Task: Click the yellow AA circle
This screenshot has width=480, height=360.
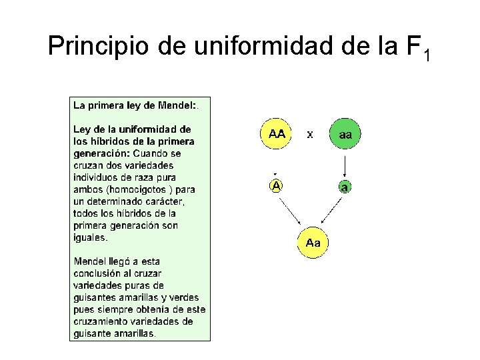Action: pyautogui.click(x=276, y=134)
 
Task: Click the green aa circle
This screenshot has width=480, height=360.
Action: pyautogui.click(x=345, y=135)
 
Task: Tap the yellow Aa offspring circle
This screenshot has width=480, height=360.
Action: pyautogui.click(x=313, y=243)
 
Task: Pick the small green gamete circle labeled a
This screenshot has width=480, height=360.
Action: pyautogui.click(x=344, y=187)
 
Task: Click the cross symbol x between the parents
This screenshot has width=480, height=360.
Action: pyautogui.click(x=310, y=135)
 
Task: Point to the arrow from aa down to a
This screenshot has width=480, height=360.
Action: pyautogui.click(x=345, y=165)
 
